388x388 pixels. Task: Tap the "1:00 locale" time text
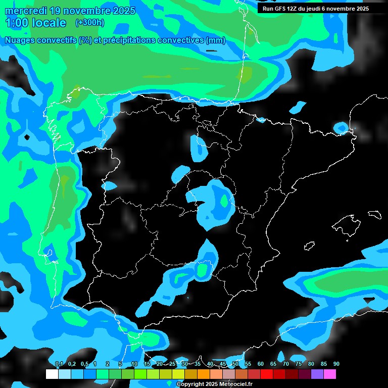point(35,23)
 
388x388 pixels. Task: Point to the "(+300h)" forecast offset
point(89,22)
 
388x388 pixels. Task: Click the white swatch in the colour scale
point(52,374)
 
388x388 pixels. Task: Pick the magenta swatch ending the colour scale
point(329,374)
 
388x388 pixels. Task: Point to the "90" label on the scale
point(336,364)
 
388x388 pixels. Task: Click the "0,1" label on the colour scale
point(59,364)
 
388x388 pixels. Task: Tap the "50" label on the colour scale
point(235,364)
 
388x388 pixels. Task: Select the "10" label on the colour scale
point(134,364)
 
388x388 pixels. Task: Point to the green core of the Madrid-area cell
point(224,201)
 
